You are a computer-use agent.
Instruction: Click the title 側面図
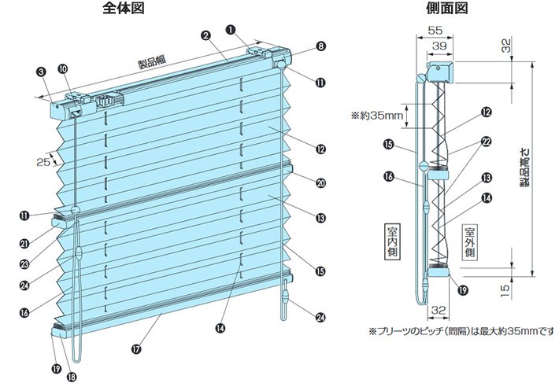[446, 9]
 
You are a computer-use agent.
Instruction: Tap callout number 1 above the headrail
[230, 28]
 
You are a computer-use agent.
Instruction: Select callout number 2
[205, 35]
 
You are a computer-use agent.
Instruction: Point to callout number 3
[40, 72]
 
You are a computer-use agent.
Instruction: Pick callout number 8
[320, 46]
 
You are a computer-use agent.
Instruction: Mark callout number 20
[320, 183]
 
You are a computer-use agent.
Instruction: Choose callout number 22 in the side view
[486, 142]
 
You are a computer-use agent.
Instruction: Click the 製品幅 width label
[149, 64]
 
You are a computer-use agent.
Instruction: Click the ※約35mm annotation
[376, 116]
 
